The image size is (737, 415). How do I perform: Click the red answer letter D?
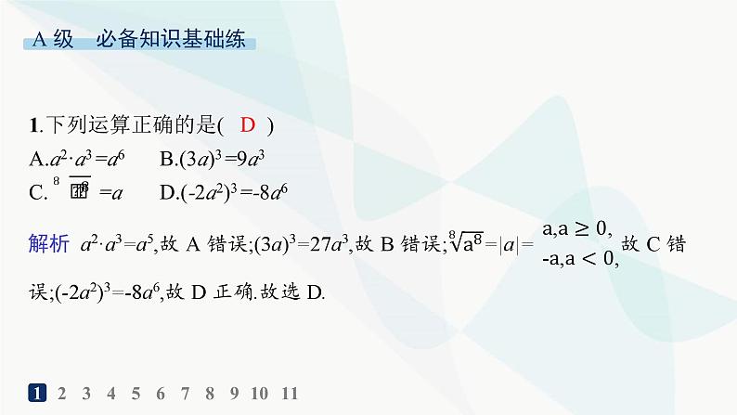[247, 126]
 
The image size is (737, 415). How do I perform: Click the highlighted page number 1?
[38, 393]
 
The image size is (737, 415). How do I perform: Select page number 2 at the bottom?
[62, 393]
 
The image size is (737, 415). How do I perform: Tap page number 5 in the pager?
[136, 393]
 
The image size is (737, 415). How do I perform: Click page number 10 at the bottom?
[260, 393]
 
